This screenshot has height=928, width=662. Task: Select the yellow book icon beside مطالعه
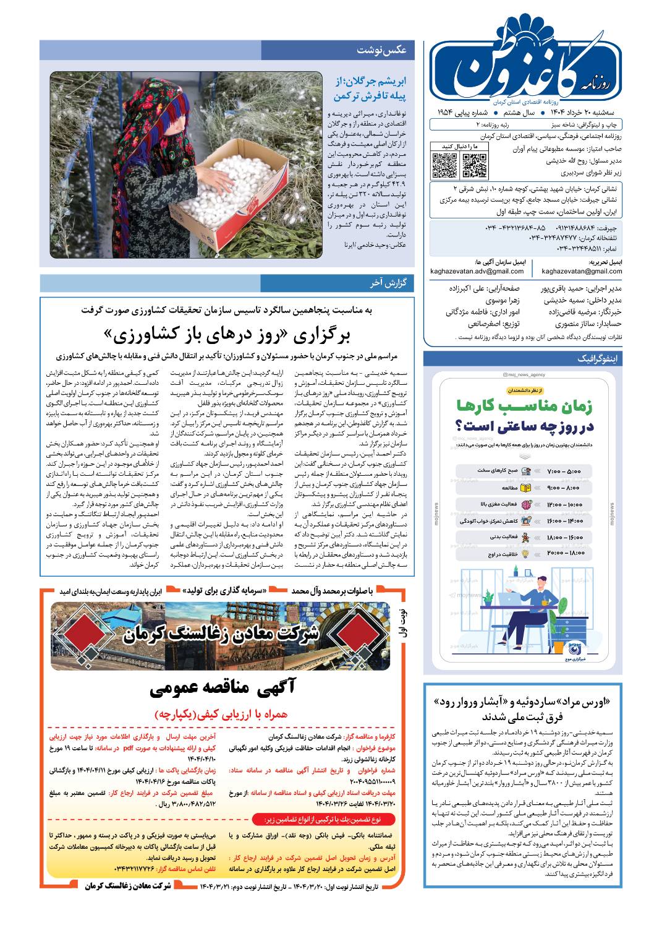click(526, 488)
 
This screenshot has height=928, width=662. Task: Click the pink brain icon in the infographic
click(526, 505)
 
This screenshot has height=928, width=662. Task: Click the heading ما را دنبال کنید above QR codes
click(460, 146)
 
